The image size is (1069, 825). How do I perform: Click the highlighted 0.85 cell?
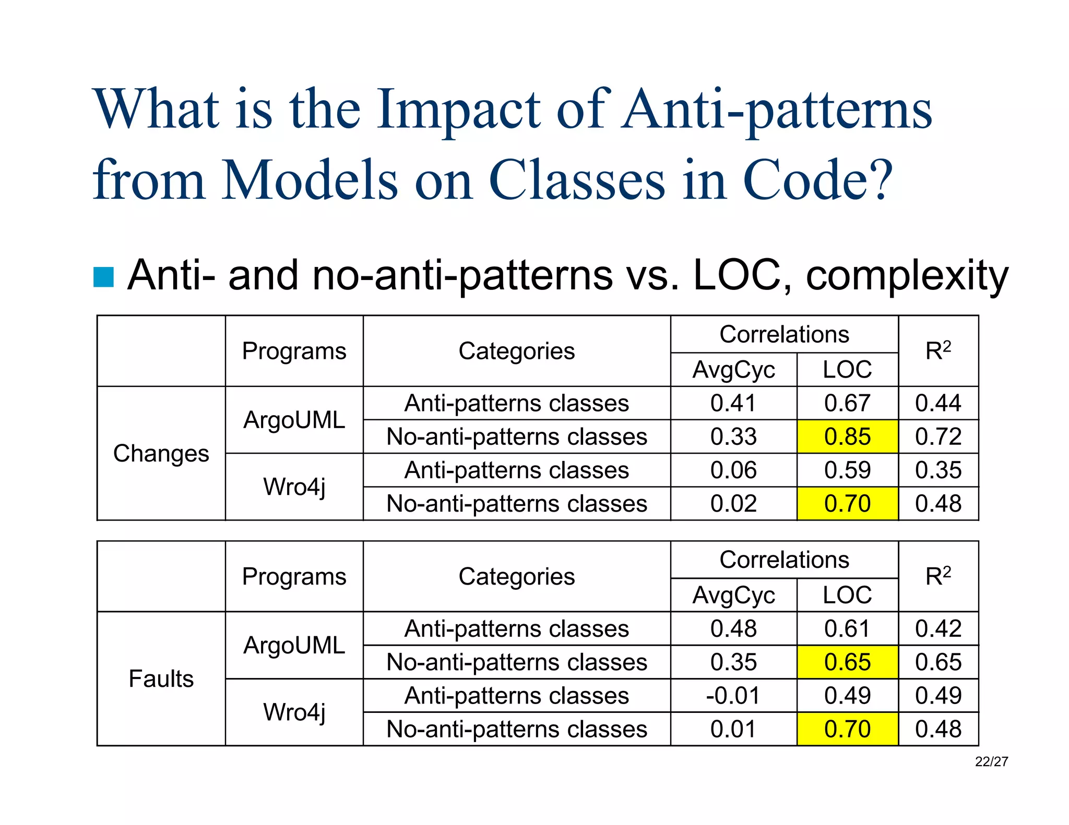click(847, 436)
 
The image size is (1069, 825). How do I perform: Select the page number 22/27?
click(991, 762)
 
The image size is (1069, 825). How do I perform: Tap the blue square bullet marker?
click(103, 277)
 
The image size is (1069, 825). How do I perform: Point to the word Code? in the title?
click(817, 180)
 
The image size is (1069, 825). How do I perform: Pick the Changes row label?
click(161, 453)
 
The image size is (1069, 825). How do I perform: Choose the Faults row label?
click(161, 678)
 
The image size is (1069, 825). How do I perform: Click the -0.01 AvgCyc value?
click(733, 695)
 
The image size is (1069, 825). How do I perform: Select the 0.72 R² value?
click(938, 436)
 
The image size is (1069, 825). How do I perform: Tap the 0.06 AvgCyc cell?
click(733, 470)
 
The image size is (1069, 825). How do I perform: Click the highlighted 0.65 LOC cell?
click(847, 662)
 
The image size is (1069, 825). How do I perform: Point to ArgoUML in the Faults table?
click(294, 645)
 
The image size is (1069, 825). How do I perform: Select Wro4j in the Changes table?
click(294, 487)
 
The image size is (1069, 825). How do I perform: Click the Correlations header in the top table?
click(784, 334)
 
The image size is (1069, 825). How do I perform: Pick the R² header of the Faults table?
click(938, 576)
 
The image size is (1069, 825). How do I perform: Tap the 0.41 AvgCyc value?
click(733, 403)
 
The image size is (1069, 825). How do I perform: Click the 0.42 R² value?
click(938, 628)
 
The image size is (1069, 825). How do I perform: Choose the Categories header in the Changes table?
click(516, 351)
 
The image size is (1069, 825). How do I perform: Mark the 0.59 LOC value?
click(847, 470)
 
